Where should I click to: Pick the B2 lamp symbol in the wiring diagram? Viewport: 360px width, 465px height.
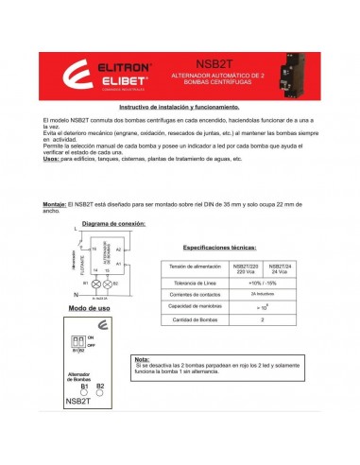107,283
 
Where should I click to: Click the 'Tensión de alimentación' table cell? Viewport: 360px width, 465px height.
196,267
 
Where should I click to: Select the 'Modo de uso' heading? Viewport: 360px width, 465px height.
90,308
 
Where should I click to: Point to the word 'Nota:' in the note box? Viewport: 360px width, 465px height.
143,359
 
